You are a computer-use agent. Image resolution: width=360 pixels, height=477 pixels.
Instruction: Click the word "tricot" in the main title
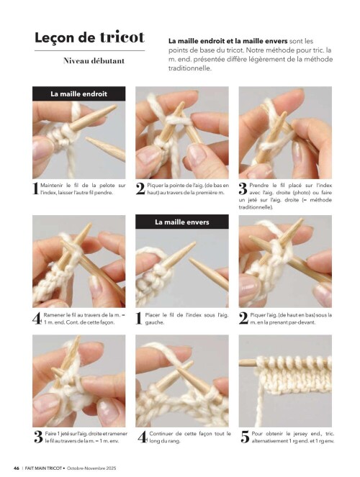(122, 37)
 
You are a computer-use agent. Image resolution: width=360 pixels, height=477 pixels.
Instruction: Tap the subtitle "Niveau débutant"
(94, 61)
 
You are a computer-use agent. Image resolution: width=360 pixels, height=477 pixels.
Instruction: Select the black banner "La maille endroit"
(78, 94)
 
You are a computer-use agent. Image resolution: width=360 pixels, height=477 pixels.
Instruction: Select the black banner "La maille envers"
(182, 222)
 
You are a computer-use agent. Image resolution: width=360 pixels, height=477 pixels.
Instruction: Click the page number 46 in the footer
(17, 468)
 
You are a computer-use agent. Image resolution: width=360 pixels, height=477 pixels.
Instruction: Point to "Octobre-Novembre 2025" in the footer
(91, 468)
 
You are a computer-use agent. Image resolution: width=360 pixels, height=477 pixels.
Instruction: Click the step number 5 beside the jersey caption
(245, 437)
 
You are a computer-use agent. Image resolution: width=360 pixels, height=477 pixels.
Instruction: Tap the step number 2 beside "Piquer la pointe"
(140, 189)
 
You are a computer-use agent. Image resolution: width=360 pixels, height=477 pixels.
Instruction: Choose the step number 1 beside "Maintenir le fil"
(35, 188)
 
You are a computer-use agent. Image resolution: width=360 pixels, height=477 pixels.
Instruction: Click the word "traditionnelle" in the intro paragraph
(189, 68)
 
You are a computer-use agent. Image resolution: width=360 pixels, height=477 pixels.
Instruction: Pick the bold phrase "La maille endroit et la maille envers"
(228, 41)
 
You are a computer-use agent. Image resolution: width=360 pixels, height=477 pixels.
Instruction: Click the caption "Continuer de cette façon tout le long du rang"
(190, 437)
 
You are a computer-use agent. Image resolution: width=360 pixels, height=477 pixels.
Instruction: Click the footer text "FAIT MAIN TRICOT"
(43, 468)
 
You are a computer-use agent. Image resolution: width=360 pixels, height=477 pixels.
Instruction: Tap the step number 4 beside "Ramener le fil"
(37, 319)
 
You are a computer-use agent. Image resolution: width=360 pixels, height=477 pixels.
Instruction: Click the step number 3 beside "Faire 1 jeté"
(38, 437)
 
